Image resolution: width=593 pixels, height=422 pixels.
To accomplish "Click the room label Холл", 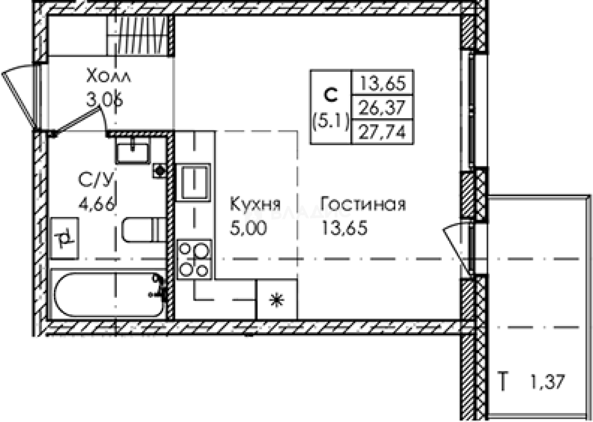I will (x=108, y=76).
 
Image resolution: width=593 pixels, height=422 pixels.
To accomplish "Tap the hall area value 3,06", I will (x=104, y=99).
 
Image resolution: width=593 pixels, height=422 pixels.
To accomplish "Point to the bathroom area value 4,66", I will (x=97, y=205).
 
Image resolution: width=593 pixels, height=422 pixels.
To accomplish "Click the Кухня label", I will (x=255, y=205).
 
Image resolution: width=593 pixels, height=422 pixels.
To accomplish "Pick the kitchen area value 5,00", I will (x=249, y=228).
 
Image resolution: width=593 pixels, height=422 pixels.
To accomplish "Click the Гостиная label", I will (x=363, y=205).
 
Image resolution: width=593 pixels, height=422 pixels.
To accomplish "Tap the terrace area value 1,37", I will (x=548, y=381).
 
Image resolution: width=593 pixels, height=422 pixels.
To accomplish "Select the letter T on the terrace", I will (x=505, y=382).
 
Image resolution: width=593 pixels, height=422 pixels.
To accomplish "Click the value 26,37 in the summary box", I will (x=383, y=109).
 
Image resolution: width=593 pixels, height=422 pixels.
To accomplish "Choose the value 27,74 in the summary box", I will (x=383, y=132).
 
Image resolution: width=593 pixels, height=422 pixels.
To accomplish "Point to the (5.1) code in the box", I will (x=331, y=122).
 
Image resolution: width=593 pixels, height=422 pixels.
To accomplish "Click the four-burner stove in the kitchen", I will (x=194, y=259).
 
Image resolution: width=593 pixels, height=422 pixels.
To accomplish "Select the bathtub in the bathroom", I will (x=108, y=294).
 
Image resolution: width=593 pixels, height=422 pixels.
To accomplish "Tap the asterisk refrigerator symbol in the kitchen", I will (x=277, y=300).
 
